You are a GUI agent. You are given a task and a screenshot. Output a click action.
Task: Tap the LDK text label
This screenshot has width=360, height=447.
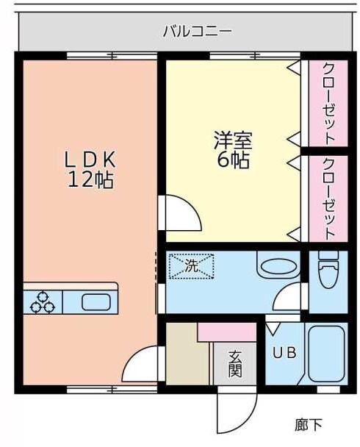(90, 159)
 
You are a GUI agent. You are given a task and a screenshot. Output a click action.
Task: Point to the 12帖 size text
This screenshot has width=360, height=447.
(90, 180)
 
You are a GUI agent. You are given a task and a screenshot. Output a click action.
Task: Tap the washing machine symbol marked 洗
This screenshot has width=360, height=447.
(191, 266)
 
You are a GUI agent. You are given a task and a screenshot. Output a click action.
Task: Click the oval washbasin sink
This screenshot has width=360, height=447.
(278, 268)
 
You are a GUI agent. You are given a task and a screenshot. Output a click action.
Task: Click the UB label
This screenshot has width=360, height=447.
(284, 352)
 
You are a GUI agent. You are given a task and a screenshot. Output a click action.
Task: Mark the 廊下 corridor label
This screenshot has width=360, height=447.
(308, 424)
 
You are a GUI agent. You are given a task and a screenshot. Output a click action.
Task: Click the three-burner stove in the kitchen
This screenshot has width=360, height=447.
(43, 301)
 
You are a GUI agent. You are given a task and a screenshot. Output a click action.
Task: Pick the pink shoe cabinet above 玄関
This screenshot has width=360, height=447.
(226, 332)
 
